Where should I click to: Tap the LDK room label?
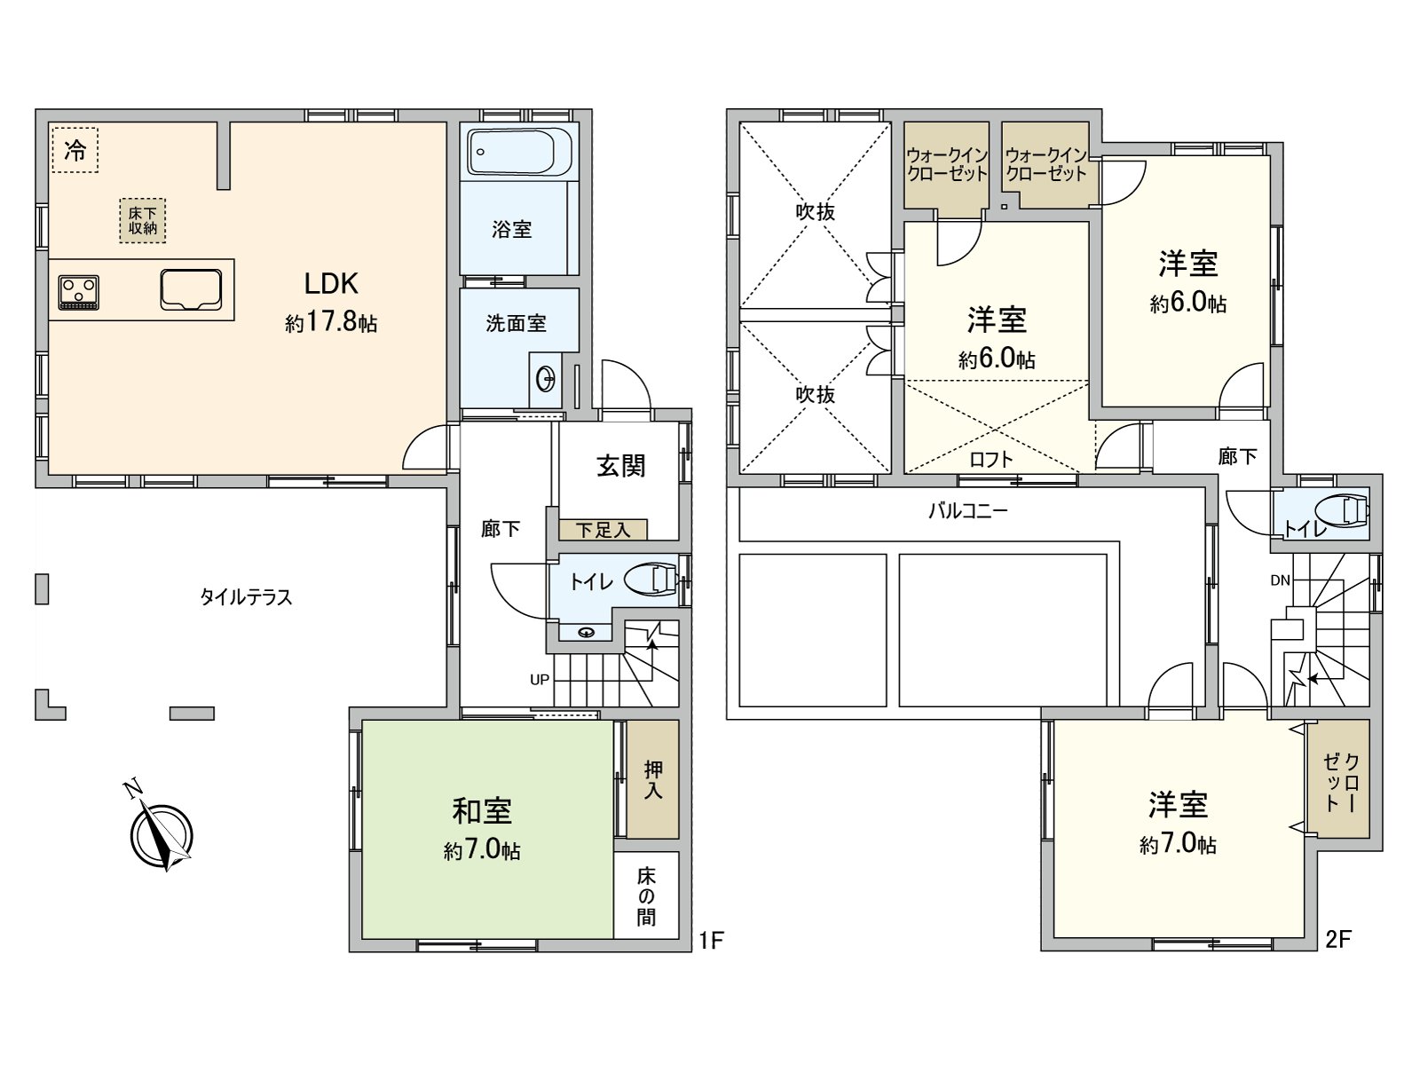point(331,283)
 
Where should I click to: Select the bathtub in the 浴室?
point(519,153)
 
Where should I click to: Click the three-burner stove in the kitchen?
point(79,292)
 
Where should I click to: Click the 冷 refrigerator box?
point(75,151)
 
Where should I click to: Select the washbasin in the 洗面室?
point(546,380)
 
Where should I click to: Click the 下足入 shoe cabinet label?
point(603,530)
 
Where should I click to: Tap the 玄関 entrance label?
point(620,465)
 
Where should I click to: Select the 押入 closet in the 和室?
point(653,779)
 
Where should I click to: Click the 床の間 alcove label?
point(646,896)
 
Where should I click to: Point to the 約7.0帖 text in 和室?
point(482,850)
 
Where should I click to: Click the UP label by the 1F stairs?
point(540,680)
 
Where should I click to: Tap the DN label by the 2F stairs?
point(1280,581)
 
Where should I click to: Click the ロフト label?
point(991,459)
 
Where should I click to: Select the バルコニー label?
point(968,511)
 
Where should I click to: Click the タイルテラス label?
point(246,596)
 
